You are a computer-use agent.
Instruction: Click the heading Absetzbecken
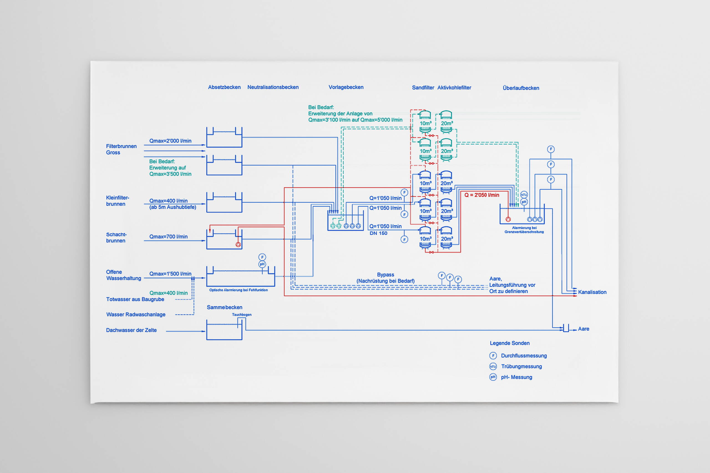tap(224, 87)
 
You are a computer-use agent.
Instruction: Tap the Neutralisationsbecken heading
tap(273, 87)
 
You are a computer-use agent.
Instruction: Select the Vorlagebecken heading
tap(346, 87)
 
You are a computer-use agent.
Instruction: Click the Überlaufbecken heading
tap(521, 88)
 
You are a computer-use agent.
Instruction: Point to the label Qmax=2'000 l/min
tap(170, 141)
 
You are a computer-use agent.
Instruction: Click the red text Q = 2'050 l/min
tap(481, 195)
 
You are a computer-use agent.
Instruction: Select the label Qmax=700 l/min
tap(168, 237)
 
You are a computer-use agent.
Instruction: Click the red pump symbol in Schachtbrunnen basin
tap(238, 245)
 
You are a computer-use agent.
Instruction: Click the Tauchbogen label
tap(242, 315)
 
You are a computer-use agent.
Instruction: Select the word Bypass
tap(386, 275)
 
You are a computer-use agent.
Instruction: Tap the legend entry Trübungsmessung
tap(521, 367)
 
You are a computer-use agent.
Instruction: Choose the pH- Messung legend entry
tap(516, 377)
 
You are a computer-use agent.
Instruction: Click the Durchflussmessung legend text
tap(524, 356)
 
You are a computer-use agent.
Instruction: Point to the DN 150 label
tap(378, 233)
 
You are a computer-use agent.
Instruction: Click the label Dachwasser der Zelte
tap(131, 330)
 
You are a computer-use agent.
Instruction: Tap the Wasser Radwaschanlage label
tap(136, 315)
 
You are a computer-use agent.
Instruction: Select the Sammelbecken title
tap(224, 307)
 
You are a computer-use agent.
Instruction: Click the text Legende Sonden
tap(509, 343)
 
